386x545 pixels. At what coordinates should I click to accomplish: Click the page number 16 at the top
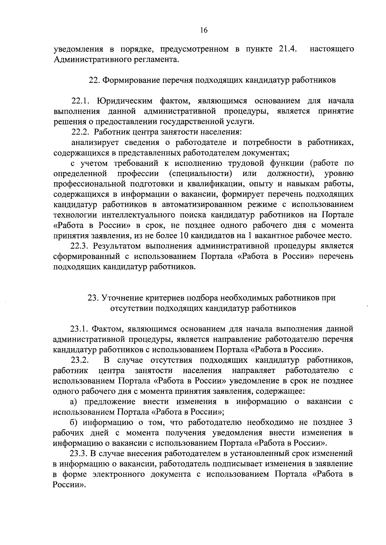[204, 31]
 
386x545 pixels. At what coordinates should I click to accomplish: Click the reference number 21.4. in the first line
[286, 50]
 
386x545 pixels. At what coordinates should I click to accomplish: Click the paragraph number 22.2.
[80, 132]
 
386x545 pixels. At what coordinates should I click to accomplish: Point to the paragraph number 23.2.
[80, 360]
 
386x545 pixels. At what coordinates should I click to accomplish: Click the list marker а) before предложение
[75, 402]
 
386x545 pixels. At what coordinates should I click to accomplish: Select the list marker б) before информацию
[75, 422]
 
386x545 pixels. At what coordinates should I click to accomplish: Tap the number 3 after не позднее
[350, 422]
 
